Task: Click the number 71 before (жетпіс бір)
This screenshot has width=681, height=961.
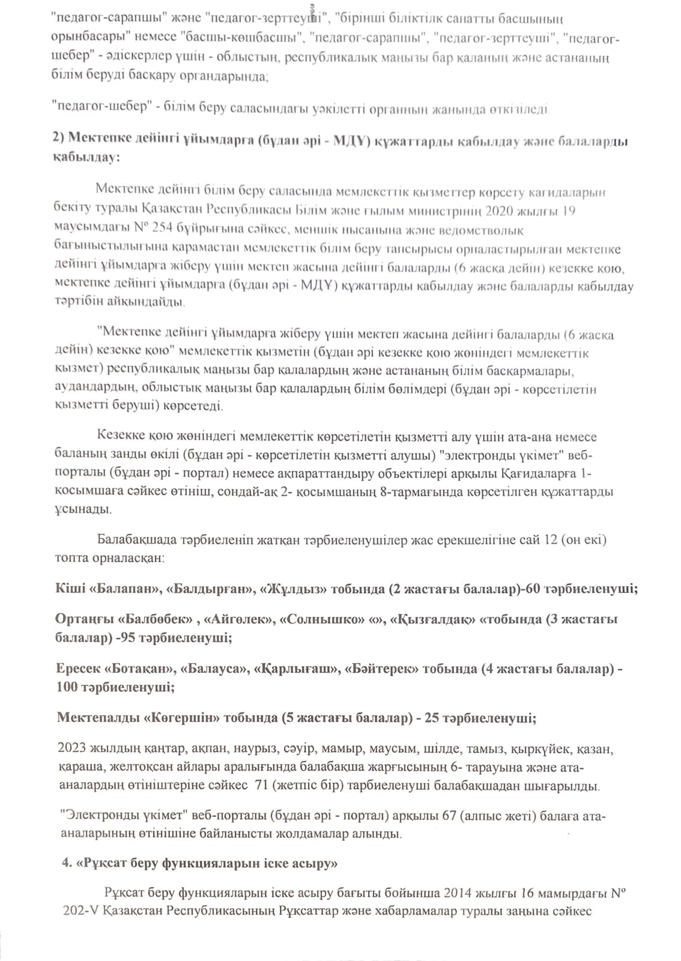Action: point(261,786)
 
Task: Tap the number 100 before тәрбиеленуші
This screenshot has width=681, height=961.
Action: point(67,687)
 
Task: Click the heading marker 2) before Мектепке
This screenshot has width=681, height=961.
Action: point(58,139)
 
